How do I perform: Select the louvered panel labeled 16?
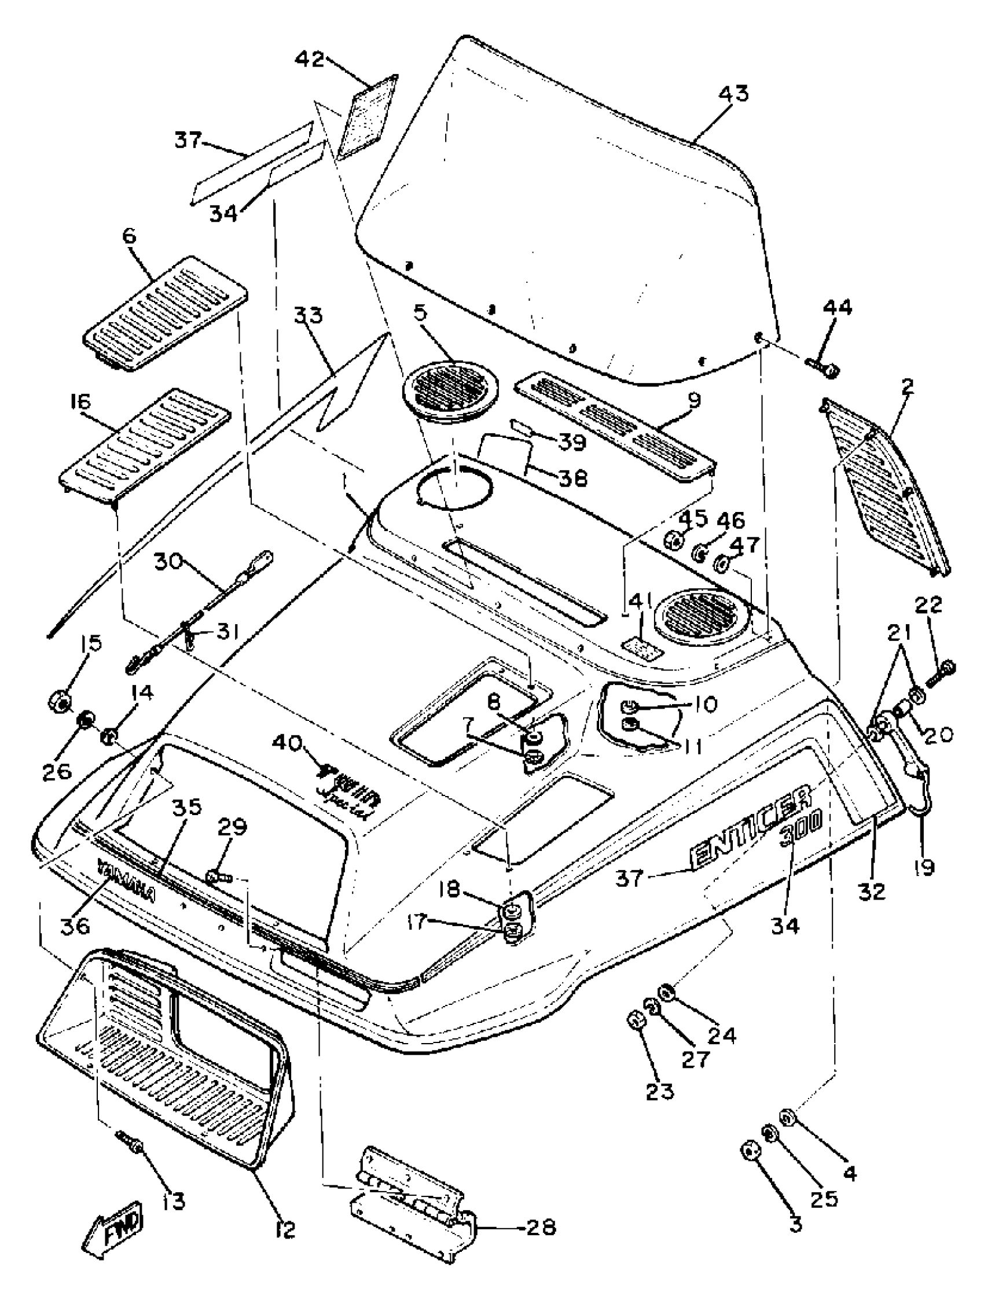click(145, 439)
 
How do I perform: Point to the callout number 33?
click(309, 317)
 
